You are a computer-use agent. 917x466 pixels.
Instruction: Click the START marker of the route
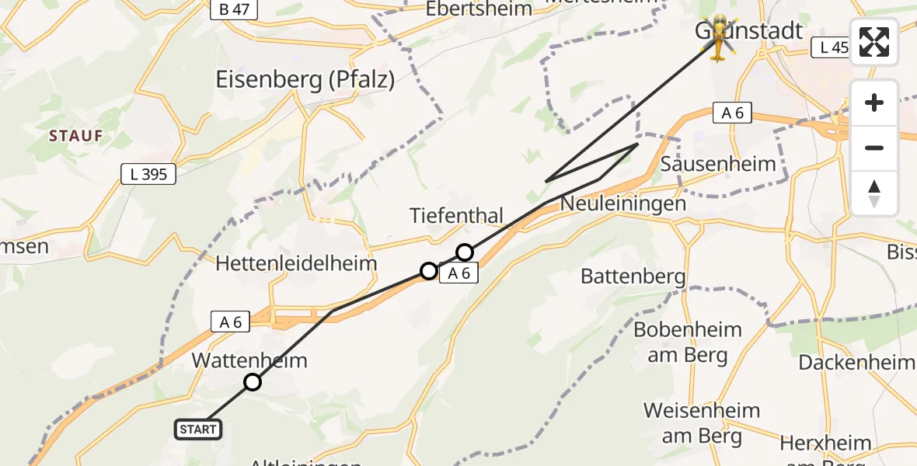click(x=198, y=429)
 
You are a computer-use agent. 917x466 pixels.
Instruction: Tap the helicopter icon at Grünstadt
click(x=719, y=36)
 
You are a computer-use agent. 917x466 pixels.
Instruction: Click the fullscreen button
click(x=874, y=42)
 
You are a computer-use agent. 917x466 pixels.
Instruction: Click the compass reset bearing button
click(x=874, y=193)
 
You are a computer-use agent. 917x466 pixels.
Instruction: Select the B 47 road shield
click(x=234, y=10)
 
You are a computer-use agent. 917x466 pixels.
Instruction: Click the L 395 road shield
click(x=149, y=175)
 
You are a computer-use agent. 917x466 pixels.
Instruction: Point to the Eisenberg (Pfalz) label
click(x=305, y=79)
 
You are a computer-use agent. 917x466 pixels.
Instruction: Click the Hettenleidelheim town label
click(x=296, y=263)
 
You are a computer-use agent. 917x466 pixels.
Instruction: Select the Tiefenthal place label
click(x=457, y=215)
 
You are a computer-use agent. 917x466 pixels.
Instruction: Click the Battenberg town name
click(x=633, y=276)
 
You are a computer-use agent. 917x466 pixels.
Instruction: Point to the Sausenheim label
click(x=718, y=164)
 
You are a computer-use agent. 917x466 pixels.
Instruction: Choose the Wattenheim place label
click(x=249, y=360)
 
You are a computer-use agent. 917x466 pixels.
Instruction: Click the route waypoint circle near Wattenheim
click(x=253, y=382)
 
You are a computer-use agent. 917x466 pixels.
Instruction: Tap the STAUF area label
click(x=76, y=136)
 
